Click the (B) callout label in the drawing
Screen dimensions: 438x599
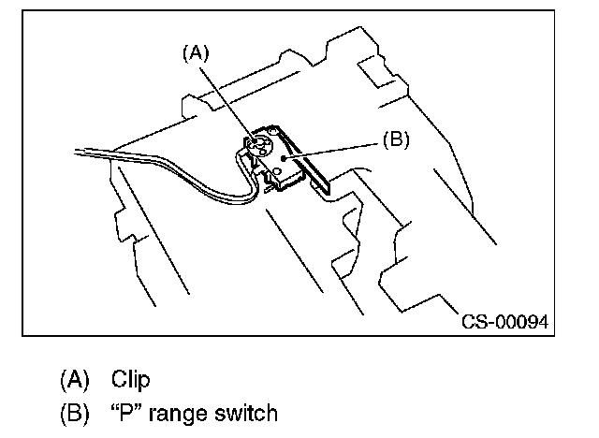[397, 140]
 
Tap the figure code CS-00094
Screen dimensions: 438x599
[504, 323]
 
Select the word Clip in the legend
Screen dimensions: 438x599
[131, 379]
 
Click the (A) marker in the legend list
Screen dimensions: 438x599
[74, 379]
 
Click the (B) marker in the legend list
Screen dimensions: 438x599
[74, 412]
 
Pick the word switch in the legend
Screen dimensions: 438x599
[246, 412]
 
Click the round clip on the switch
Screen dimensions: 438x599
[260, 146]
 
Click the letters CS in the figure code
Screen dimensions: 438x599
[473, 323]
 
